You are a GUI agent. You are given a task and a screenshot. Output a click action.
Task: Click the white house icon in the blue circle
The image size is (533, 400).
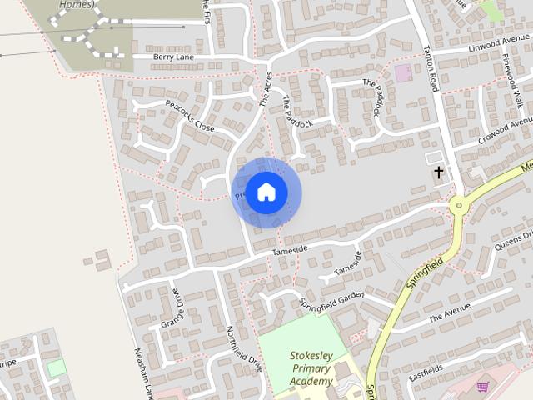click(x=266, y=192)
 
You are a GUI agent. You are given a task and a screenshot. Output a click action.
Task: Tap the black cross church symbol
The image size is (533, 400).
click(x=438, y=172)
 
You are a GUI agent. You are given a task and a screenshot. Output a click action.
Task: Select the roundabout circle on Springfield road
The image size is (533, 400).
click(x=457, y=204)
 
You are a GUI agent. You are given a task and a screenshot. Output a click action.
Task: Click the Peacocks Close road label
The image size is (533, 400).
click(x=190, y=117)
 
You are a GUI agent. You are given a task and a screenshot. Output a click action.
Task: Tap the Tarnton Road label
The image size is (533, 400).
click(x=431, y=67)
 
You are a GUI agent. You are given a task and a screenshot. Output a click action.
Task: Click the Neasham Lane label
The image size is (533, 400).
click(x=141, y=371)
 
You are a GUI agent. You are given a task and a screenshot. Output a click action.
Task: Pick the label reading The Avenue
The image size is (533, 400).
click(x=450, y=312)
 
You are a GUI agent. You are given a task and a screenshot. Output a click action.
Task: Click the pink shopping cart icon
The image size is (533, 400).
click(x=482, y=386)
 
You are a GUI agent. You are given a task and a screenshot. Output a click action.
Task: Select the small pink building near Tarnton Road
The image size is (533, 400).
click(x=403, y=72)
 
